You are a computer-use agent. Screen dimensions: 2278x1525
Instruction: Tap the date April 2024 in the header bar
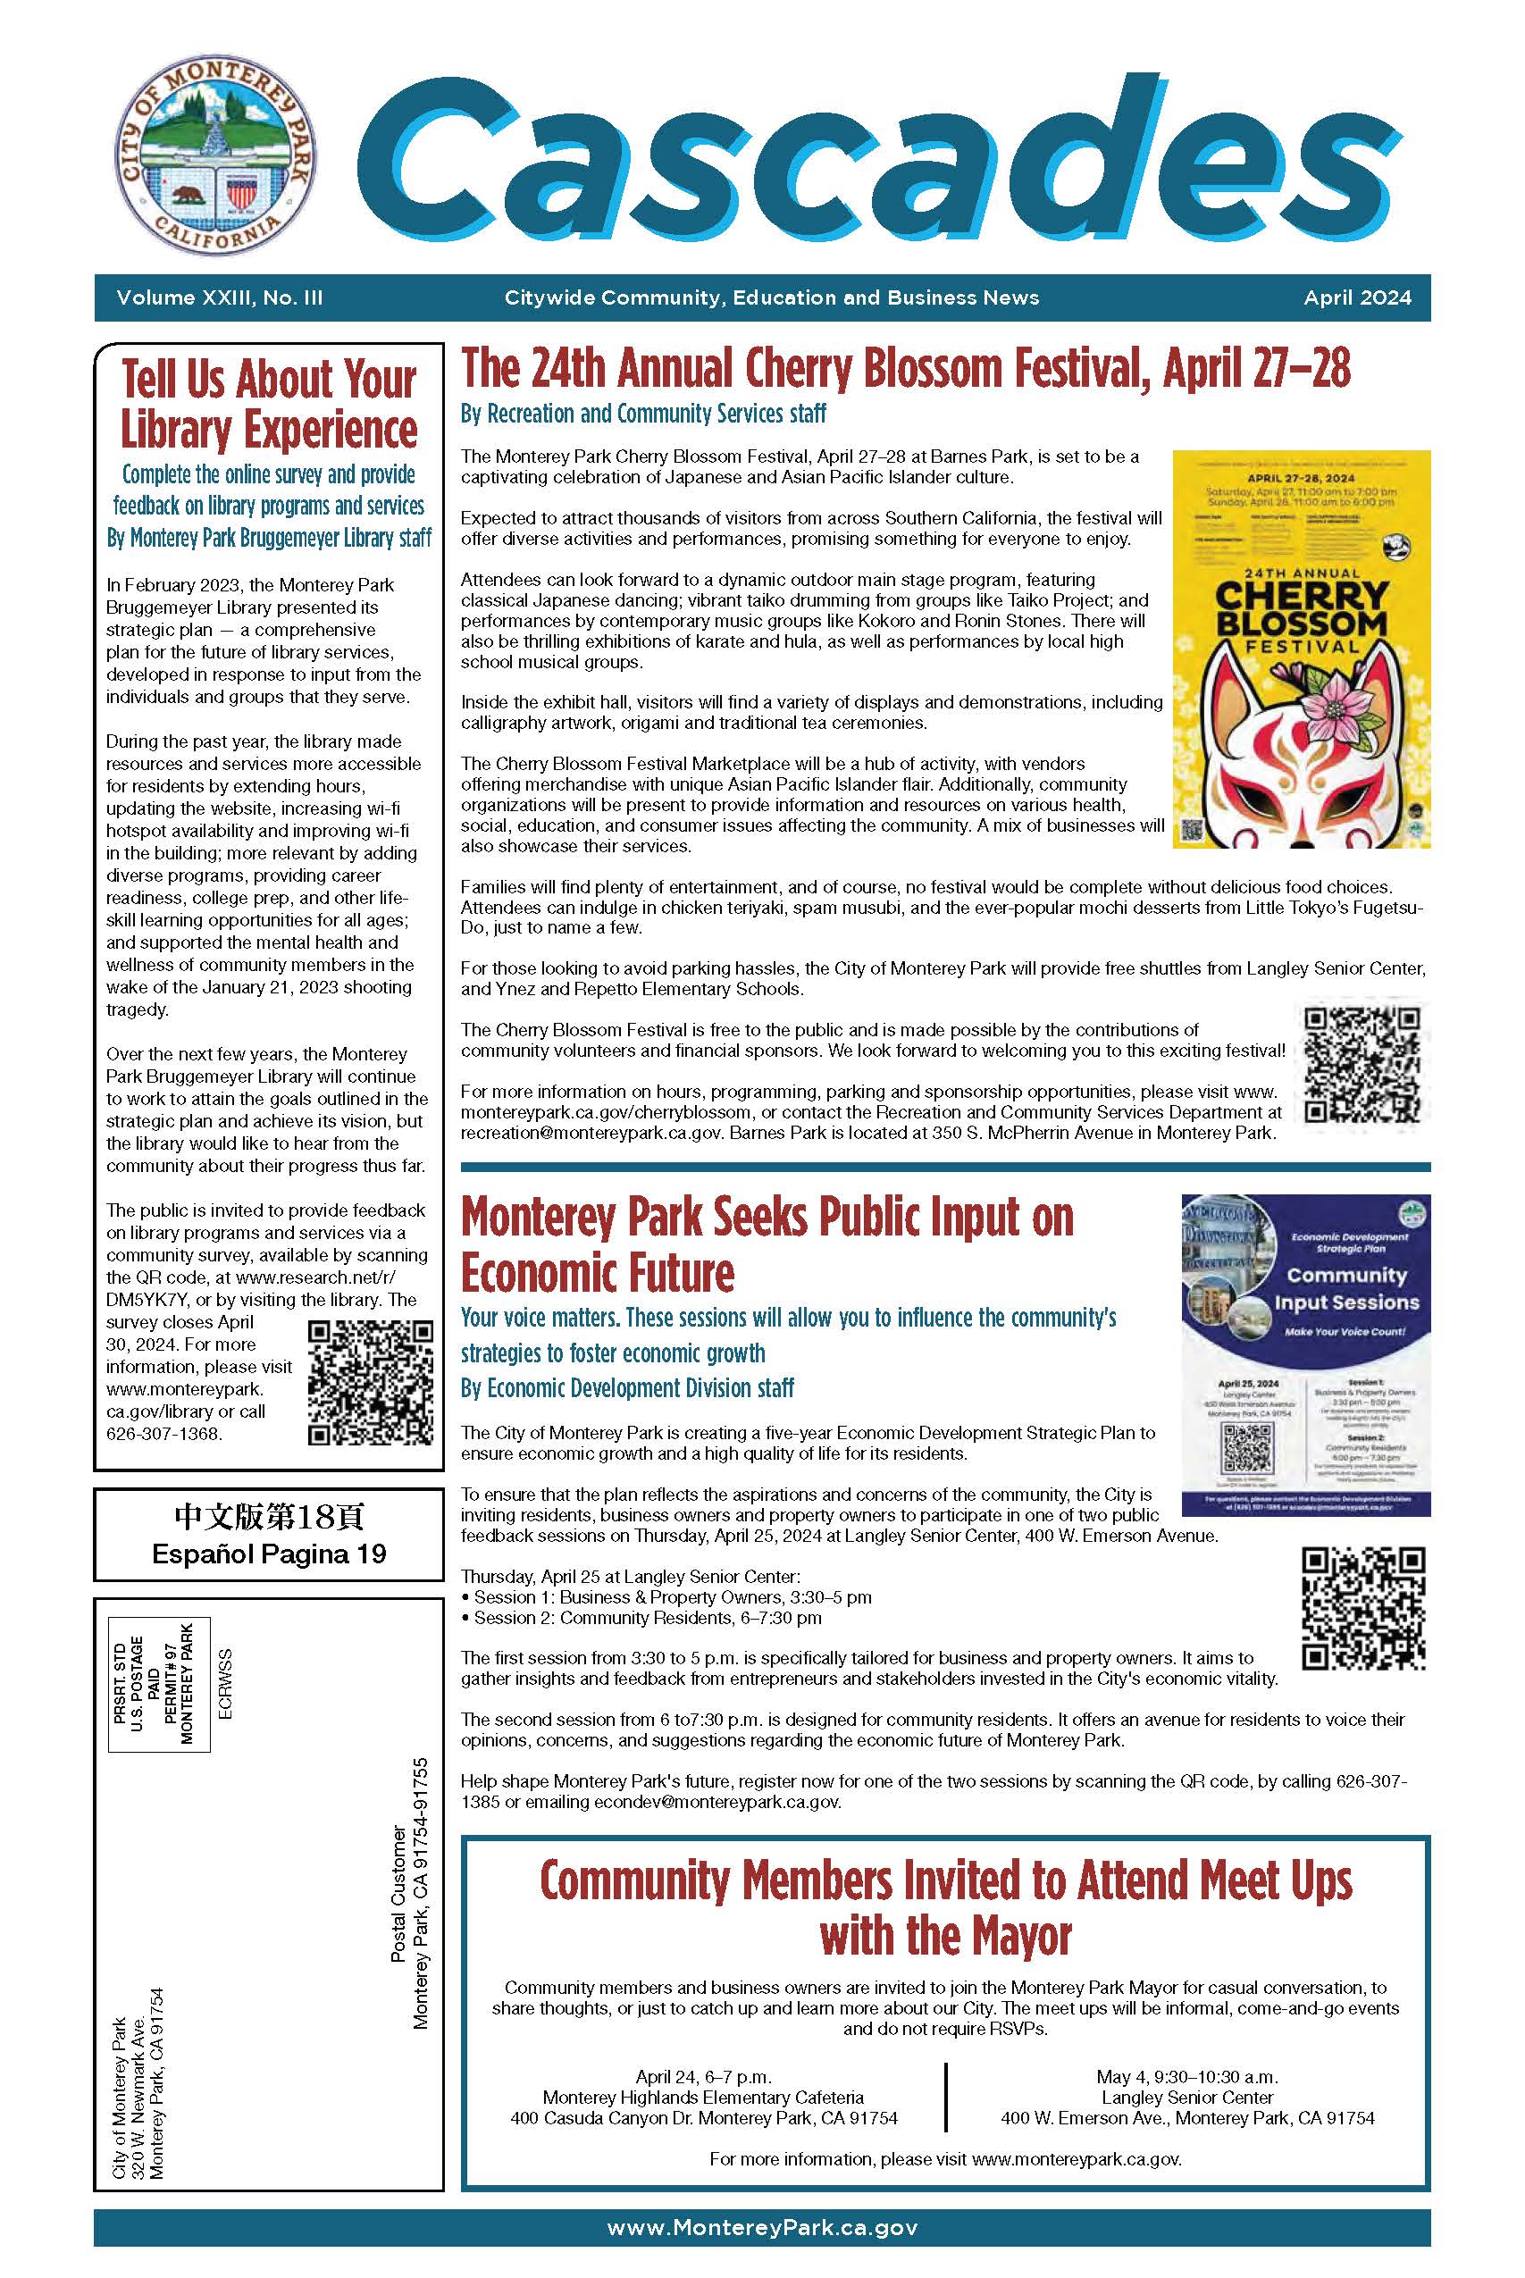point(1357,297)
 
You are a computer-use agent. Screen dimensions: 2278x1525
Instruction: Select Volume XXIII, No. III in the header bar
point(219,297)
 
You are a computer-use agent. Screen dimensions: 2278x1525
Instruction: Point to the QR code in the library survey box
point(371,1382)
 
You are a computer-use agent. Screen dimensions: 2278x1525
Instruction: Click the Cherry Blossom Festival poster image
point(1301,649)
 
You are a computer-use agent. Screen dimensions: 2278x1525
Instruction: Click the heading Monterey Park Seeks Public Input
point(767,1244)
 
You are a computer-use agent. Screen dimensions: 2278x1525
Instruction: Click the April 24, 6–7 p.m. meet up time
point(703,2077)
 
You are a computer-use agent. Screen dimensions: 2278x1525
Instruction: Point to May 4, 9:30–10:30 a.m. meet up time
point(1187,2077)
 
